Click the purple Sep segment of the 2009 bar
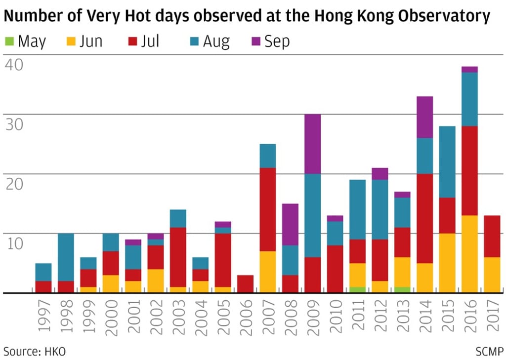(312, 144)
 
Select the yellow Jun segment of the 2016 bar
(469, 254)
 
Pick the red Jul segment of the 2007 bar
(267, 209)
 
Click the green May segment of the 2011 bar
(357, 290)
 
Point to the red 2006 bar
(245, 284)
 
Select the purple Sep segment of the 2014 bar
(424, 117)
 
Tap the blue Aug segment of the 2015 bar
(447, 161)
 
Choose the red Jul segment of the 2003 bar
(178, 257)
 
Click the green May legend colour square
(9, 41)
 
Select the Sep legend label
(277, 41)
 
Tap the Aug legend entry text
(216, 41)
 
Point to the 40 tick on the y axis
(14, 65)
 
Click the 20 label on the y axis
(14, 184)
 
